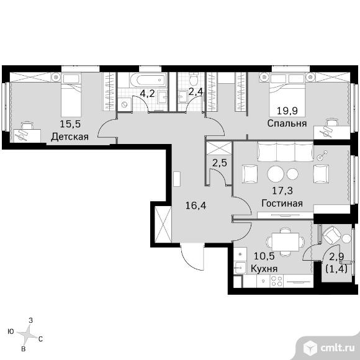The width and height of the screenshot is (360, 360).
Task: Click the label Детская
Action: (70, 137)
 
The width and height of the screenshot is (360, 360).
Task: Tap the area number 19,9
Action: (287, 111)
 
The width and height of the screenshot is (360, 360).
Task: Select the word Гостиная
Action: (282, 203)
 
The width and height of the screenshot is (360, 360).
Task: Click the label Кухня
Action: (264, 268)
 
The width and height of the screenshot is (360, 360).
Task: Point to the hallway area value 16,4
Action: (196, 205)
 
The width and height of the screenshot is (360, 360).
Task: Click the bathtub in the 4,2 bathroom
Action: (148, 80)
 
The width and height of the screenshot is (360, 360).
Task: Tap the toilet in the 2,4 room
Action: (194, 79)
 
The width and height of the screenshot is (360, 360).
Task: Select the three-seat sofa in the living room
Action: (286, 151)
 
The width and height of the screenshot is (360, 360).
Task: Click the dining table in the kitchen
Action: (285, 242)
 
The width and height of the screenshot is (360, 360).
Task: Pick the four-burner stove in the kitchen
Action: (277, 281)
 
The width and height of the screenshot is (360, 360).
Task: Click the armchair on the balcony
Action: (331, 235)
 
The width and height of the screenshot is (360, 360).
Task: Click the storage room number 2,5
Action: (220, 163)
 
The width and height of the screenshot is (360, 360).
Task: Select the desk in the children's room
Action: (27, 135)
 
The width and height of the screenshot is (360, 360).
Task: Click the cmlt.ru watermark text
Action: (338, 348)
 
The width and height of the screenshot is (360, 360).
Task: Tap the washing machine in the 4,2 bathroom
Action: (125, 104)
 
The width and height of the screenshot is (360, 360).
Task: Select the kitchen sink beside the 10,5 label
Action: (240, 268)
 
